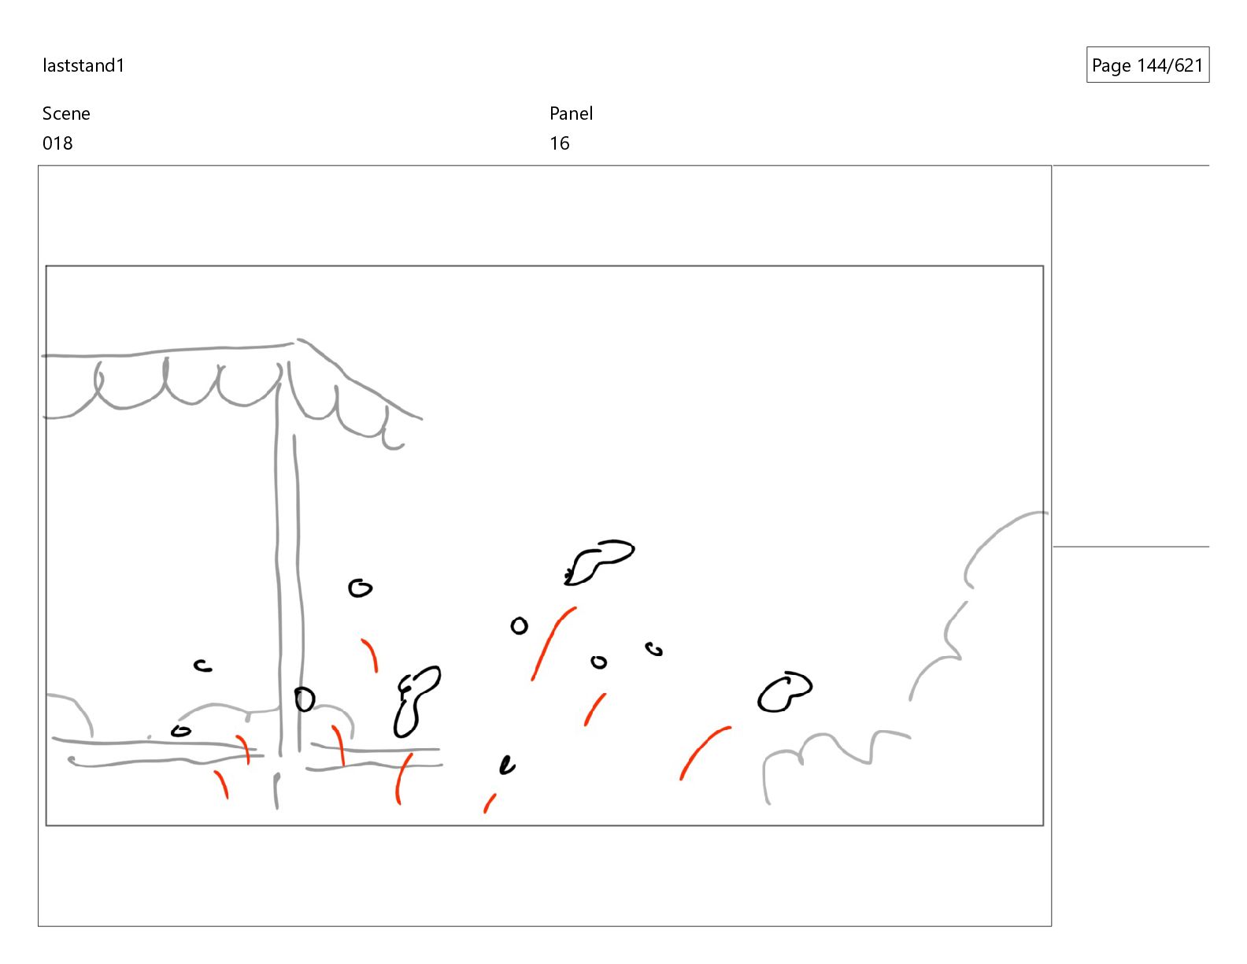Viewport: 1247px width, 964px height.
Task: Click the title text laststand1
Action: click(83, 65)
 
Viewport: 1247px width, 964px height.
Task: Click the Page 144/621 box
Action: click(1147, 65)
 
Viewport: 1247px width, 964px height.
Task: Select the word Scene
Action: click(66, 113)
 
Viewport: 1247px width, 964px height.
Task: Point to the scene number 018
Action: click(57, 143)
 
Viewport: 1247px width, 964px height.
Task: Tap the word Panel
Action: click(571, 113)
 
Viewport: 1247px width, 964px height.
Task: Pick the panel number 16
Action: click(560, 143)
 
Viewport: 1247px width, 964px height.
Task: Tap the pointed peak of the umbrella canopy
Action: click(295, 341)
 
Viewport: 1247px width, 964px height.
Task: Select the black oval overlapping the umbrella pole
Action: click(305, 699)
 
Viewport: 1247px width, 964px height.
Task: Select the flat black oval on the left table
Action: click(181, 732)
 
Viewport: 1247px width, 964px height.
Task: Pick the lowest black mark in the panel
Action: click(507, 766)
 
